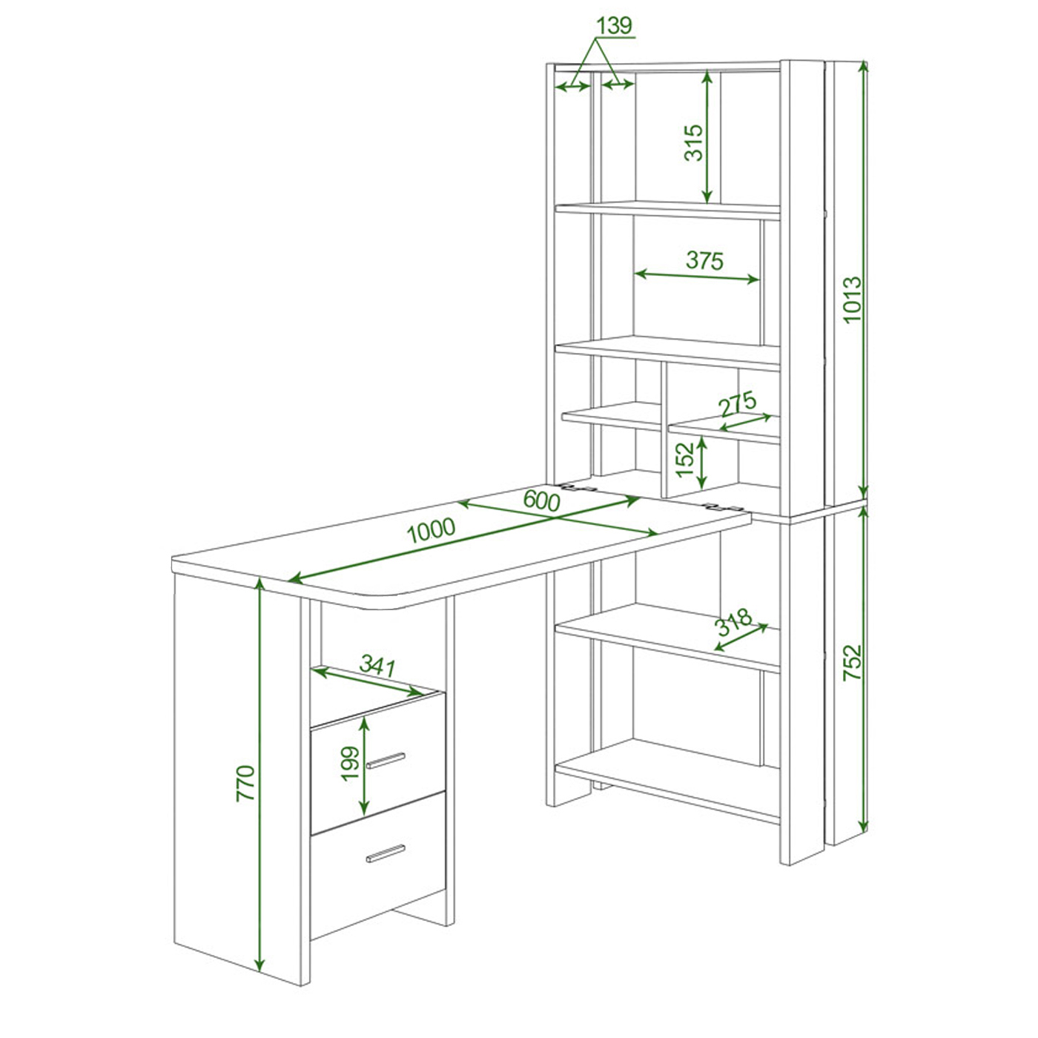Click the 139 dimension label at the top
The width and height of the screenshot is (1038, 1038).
point(614,25)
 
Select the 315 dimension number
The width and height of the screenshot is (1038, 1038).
point(694,142)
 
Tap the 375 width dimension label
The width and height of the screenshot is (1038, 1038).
point(704,261)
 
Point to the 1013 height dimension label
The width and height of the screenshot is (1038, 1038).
point(853,300)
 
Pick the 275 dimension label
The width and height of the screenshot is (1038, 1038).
point(738,403)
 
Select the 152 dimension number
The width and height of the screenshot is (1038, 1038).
point(684,459)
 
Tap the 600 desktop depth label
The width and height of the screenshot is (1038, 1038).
point(541,501)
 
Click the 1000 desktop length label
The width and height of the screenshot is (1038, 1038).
point(431,531)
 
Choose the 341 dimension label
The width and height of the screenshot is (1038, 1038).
point(377,666)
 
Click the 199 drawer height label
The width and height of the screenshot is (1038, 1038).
point(350,763)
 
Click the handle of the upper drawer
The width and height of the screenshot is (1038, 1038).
point(386,761)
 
